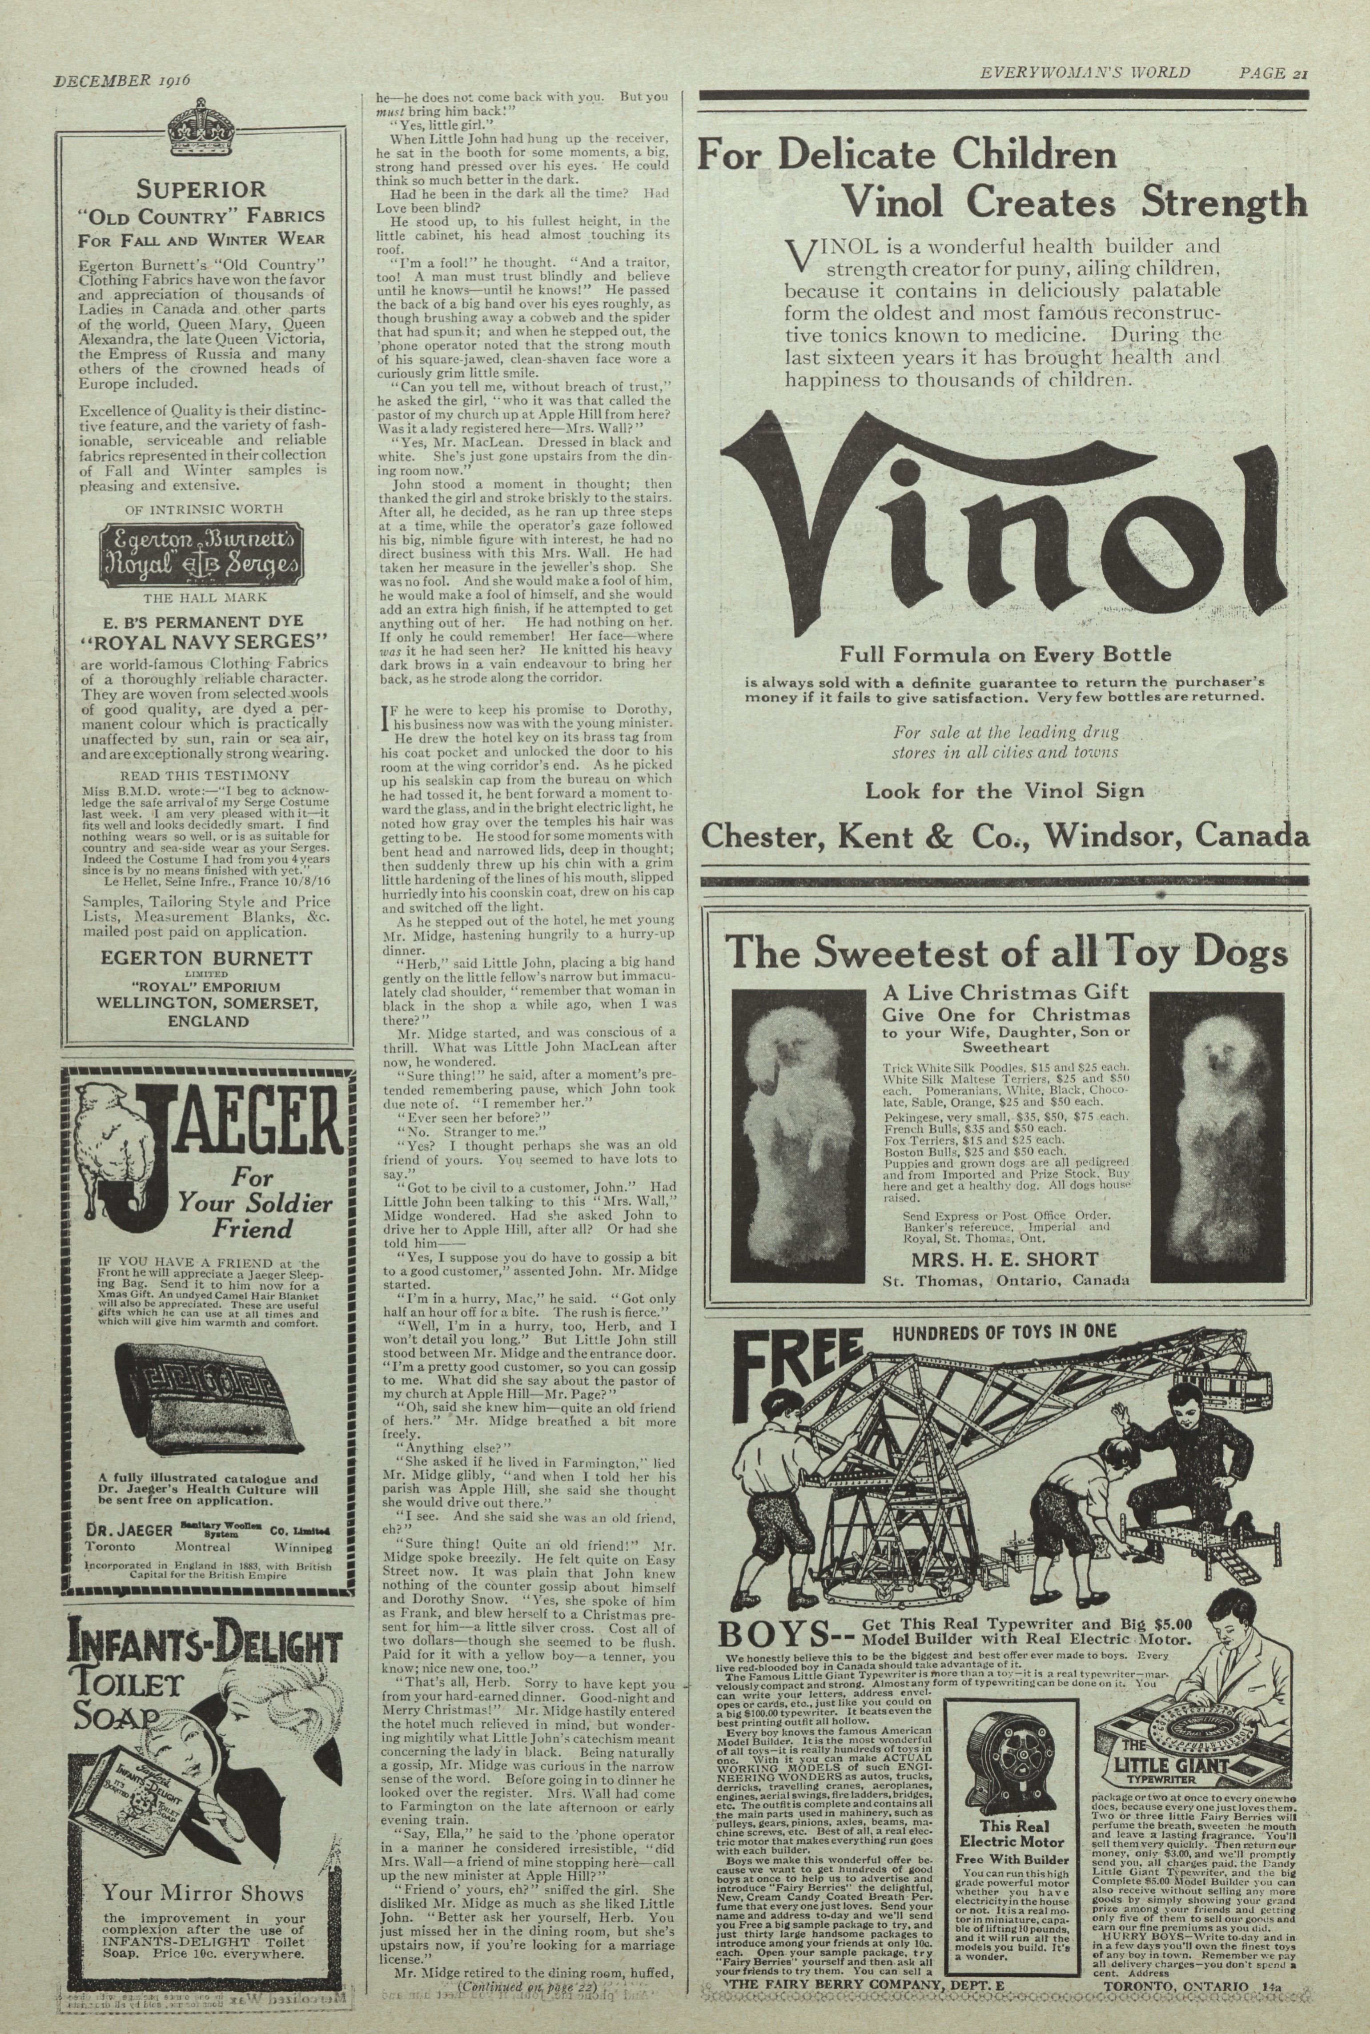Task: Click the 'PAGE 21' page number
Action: click(1271, 73)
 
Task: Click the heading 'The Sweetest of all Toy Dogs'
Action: click(1007, 952)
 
